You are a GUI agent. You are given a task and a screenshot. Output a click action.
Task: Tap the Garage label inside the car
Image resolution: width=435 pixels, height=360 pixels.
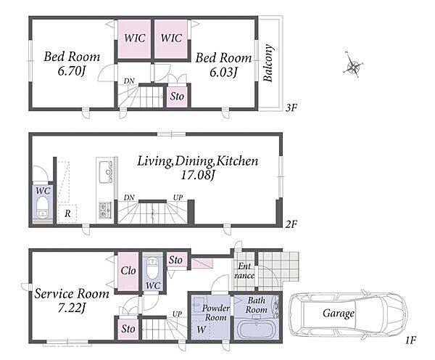click(x=339, y=314)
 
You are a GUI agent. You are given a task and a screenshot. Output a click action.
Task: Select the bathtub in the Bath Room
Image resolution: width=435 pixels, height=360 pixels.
click(x=257, y=330)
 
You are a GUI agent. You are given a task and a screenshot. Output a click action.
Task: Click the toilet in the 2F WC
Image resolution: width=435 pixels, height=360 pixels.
click(x=43, y=208)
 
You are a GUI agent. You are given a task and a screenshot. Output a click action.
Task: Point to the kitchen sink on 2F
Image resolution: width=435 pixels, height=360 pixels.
click(x=105, y=171)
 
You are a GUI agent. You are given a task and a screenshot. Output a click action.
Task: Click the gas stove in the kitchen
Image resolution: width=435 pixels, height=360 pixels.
click(x=105, y=210)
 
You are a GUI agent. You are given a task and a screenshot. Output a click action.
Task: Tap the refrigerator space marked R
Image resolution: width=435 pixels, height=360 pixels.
click(x=67, y=213)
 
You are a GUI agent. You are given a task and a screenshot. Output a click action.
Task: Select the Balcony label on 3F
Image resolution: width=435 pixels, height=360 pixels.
click(x=268, y=62)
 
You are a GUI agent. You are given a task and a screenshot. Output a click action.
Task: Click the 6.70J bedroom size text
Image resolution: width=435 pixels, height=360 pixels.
click(x=71, y=71)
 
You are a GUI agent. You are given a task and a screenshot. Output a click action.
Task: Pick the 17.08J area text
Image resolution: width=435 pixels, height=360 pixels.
click(x=198, y=175)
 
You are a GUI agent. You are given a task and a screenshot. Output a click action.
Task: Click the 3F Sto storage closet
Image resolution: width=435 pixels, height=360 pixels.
click(x=177, y=97)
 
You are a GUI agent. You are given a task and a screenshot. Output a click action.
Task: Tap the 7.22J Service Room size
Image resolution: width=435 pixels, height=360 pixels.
click(x=71, y=308)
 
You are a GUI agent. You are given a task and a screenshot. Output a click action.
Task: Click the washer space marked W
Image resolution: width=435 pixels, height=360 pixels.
click(x=202, y=330)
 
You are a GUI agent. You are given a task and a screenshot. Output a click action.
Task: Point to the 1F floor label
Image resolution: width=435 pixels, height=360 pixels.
click(x=410, y=340)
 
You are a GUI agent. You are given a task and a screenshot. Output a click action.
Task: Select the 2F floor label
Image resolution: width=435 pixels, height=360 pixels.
click(x=291, y=224)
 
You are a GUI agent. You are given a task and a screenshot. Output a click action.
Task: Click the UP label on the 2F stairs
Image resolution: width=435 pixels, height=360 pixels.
click(x=178, y=197)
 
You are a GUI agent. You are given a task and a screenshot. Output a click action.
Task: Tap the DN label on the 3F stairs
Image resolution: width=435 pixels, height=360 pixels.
click(x=129, y=81)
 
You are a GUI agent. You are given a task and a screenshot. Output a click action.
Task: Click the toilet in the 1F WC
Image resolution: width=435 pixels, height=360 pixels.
click(x=152, y=269)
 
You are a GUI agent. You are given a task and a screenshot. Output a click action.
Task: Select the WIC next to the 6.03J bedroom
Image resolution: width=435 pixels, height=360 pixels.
click(x=171, y=38)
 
